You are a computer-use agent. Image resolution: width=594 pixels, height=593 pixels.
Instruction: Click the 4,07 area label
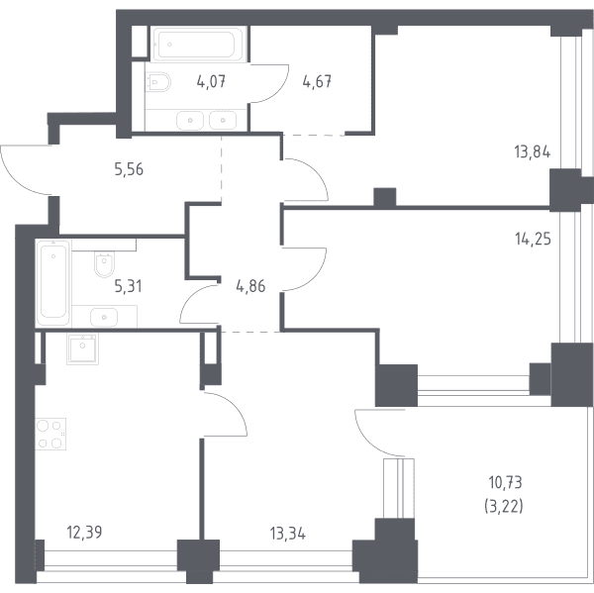point(212,81)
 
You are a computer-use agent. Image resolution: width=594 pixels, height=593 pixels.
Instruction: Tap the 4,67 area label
point(317,81)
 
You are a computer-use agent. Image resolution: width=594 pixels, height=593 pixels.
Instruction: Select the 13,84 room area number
point(533,152)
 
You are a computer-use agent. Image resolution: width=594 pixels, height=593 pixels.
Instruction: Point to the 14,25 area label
point(533,240)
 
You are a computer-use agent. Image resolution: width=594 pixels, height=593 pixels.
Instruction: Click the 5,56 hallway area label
point(129,169)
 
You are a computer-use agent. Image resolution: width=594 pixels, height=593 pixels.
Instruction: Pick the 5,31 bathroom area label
point(129,286)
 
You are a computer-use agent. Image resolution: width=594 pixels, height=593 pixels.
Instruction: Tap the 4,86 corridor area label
point(250,286)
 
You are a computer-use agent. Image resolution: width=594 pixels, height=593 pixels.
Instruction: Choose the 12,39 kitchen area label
point(84,533)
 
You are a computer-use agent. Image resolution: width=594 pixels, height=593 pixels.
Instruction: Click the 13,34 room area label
point(288,534)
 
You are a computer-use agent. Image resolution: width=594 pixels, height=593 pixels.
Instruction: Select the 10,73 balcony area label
point(505,483)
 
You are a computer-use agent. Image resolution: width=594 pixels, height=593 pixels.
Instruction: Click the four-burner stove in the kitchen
point(50,434)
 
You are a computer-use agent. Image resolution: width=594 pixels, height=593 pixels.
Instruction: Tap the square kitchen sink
point(82,349)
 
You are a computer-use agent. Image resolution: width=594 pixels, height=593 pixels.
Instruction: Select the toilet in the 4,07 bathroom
point(157,82)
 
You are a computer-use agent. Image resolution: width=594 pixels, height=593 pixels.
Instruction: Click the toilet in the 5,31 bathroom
point(104,265)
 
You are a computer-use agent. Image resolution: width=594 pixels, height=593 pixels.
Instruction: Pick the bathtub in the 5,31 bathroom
point(53,283)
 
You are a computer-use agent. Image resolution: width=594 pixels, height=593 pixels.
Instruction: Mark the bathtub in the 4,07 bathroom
point(198,44)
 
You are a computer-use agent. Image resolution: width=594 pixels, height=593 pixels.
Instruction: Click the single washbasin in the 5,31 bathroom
point(104,317)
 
